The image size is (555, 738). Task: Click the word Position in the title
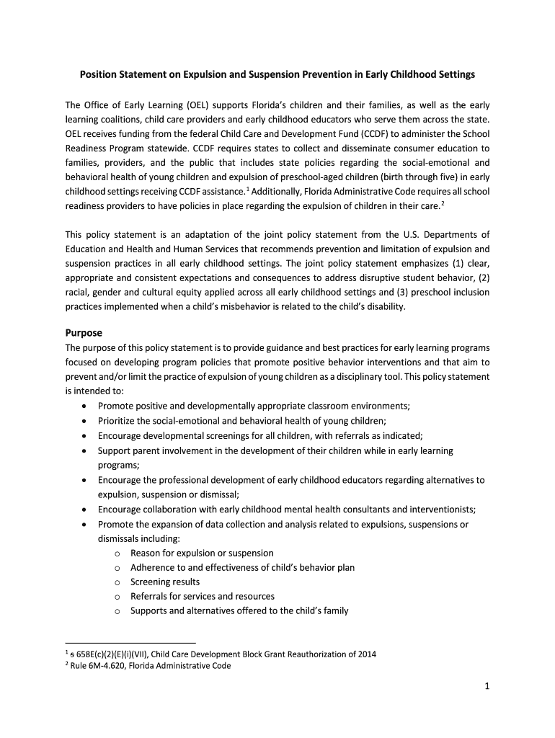(98, 74)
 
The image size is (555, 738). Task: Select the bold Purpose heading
(84, 333)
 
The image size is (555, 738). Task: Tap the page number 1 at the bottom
(487, 687)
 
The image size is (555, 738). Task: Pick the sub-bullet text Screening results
(165, 582)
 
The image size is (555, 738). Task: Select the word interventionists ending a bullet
(439, 509)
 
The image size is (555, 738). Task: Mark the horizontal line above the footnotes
(130, 641)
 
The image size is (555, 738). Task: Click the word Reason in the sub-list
(146, 553)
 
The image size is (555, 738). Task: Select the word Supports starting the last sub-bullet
(150, 610)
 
